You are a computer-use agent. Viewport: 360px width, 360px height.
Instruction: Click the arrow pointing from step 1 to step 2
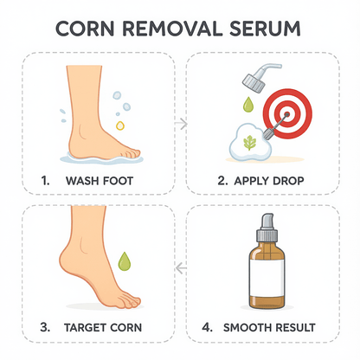tap(180, 124)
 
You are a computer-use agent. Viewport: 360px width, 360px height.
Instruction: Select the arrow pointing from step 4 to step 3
tap(180, 269)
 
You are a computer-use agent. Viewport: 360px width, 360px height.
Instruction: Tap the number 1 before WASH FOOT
tap(44, 183)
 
